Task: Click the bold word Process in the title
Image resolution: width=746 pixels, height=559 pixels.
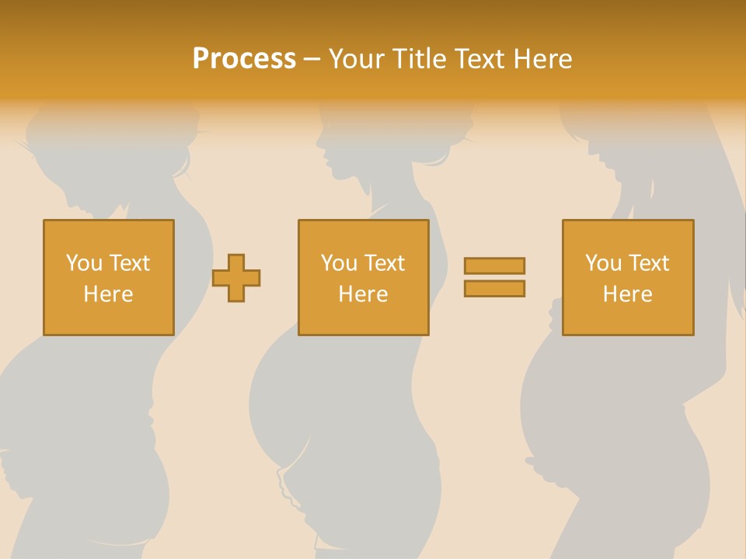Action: point(244,59)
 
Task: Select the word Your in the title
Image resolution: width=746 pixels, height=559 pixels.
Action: point(354,59)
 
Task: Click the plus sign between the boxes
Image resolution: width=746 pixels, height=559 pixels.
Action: point(236,277)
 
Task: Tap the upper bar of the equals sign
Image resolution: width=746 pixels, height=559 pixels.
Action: point(494,266)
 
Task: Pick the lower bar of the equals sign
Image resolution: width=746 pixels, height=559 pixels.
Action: point(494,288)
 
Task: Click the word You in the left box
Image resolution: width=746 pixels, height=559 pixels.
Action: point(83,262)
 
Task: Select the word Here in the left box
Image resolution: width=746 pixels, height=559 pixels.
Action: point(108,294)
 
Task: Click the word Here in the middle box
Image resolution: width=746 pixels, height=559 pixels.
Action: point(363,294)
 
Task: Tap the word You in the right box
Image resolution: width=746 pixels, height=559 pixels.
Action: point(603,262)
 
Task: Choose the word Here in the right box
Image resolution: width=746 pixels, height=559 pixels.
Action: point(627,294)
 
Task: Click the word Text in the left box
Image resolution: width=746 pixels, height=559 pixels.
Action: point(129,262)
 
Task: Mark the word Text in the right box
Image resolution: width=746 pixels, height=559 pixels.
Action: point(649,262)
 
